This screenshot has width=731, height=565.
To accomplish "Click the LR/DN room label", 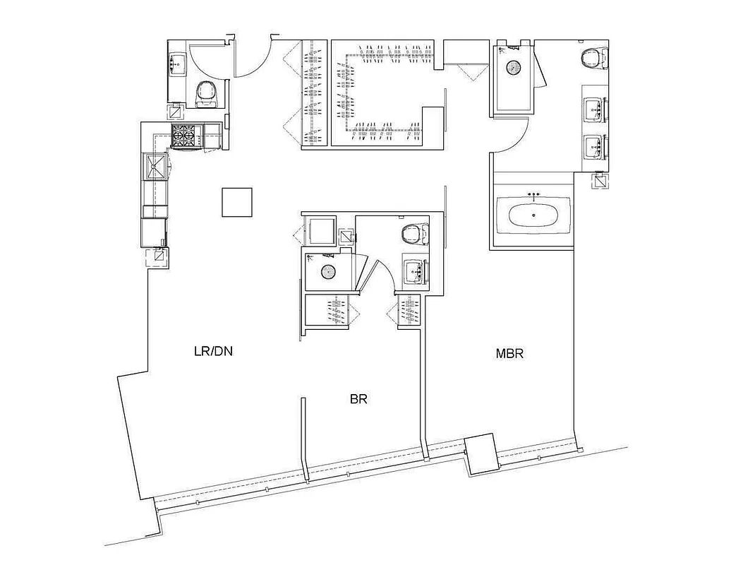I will [x=213, y=351].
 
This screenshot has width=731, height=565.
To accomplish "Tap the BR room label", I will [x=358, y=399].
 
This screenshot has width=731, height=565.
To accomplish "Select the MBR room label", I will [x=509, y=353].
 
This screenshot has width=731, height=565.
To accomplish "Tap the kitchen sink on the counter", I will [x=155, y=167].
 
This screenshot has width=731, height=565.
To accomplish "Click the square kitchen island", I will [x=236, y=202].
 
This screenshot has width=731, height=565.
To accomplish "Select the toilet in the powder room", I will [x=205, y=92].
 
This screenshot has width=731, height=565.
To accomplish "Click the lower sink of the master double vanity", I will [x=594, y=146].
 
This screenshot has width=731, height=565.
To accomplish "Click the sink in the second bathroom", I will [x=414, y=270].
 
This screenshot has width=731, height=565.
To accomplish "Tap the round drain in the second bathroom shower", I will [x=327, y=270].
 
